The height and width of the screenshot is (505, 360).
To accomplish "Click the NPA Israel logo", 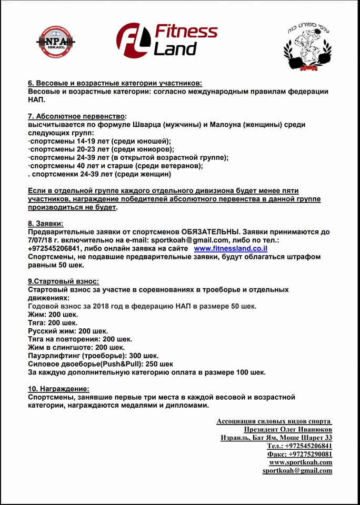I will click(56, 42).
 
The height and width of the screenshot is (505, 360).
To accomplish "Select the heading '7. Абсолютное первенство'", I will click(77, 116).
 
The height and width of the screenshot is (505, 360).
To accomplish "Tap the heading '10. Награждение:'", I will click(58, 389).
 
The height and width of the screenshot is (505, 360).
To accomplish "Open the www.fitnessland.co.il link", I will click(231, 248).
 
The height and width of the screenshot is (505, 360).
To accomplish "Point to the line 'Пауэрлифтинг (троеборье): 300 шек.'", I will click(93, 356).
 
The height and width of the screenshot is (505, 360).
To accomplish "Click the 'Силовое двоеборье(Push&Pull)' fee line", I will click(100, 364).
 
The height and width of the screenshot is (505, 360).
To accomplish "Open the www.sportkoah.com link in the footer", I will click(301, 462).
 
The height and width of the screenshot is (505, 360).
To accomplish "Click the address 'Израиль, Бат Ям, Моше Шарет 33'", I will click(276, 438).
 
